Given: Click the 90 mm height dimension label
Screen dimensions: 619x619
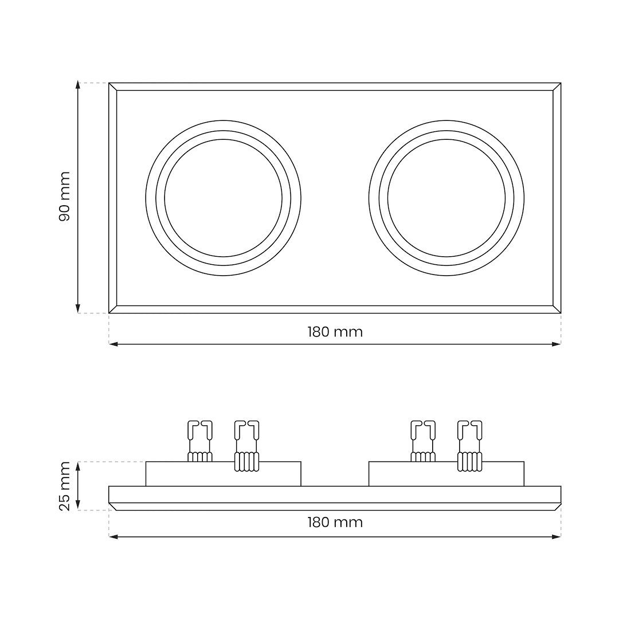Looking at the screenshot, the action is (64, 197).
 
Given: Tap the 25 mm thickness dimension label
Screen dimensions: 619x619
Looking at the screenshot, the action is (64, 486).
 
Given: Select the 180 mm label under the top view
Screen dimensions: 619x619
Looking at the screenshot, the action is (335, 332).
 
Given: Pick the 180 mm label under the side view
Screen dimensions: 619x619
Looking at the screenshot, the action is (335, 522).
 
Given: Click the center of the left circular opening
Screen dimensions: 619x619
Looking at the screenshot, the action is (223, 198).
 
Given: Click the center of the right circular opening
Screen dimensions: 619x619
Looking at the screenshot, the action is (446, 198).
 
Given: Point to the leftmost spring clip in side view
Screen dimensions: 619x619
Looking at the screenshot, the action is (199, 441).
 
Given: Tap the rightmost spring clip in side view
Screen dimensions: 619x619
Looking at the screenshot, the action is (470, 446).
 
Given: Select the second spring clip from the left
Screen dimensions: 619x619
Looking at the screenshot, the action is (246, 446).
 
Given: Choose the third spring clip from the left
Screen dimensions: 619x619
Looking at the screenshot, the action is (423, 441).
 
